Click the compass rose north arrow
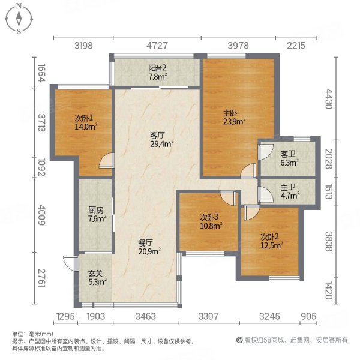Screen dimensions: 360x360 19,14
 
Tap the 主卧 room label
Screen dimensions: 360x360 230,113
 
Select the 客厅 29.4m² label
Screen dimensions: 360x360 161,140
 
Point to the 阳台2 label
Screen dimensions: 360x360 157,68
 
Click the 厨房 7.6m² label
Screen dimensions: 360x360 97,214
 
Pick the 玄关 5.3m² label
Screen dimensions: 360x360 97,278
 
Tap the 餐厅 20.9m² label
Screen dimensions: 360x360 149,247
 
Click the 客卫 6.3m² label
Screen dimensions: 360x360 289,158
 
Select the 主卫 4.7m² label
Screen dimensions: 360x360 290,191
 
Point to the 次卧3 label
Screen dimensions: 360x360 209,217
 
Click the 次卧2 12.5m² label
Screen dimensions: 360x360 271,241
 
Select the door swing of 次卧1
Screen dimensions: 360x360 107,161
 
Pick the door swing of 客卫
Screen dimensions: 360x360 266,152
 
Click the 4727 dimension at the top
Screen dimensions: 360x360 157,46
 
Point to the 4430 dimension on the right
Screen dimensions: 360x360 329,99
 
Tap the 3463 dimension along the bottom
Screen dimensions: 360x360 146,316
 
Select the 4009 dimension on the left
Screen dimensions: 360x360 41,215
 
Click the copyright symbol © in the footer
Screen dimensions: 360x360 239,340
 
